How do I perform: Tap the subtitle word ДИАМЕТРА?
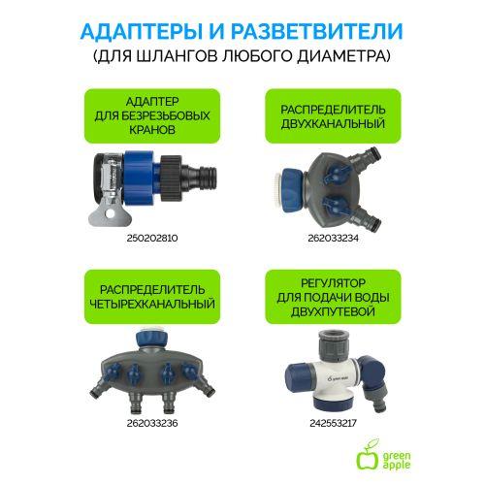344,57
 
